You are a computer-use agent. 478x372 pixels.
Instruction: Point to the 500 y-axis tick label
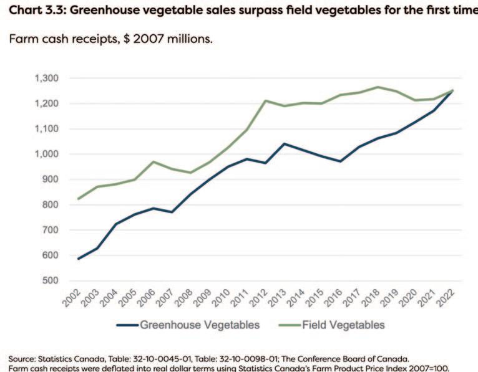[51, 280]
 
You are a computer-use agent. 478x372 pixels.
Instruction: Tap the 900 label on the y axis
[51, 179]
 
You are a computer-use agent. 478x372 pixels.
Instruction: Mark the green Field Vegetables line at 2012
[266, 100]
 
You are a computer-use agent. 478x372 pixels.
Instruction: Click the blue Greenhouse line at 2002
[79, 259]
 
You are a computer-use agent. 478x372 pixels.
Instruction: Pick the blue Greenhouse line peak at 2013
[285, 144]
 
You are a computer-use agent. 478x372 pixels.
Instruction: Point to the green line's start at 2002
[79, 199]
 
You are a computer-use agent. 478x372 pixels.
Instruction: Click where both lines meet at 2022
[452, 90]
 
